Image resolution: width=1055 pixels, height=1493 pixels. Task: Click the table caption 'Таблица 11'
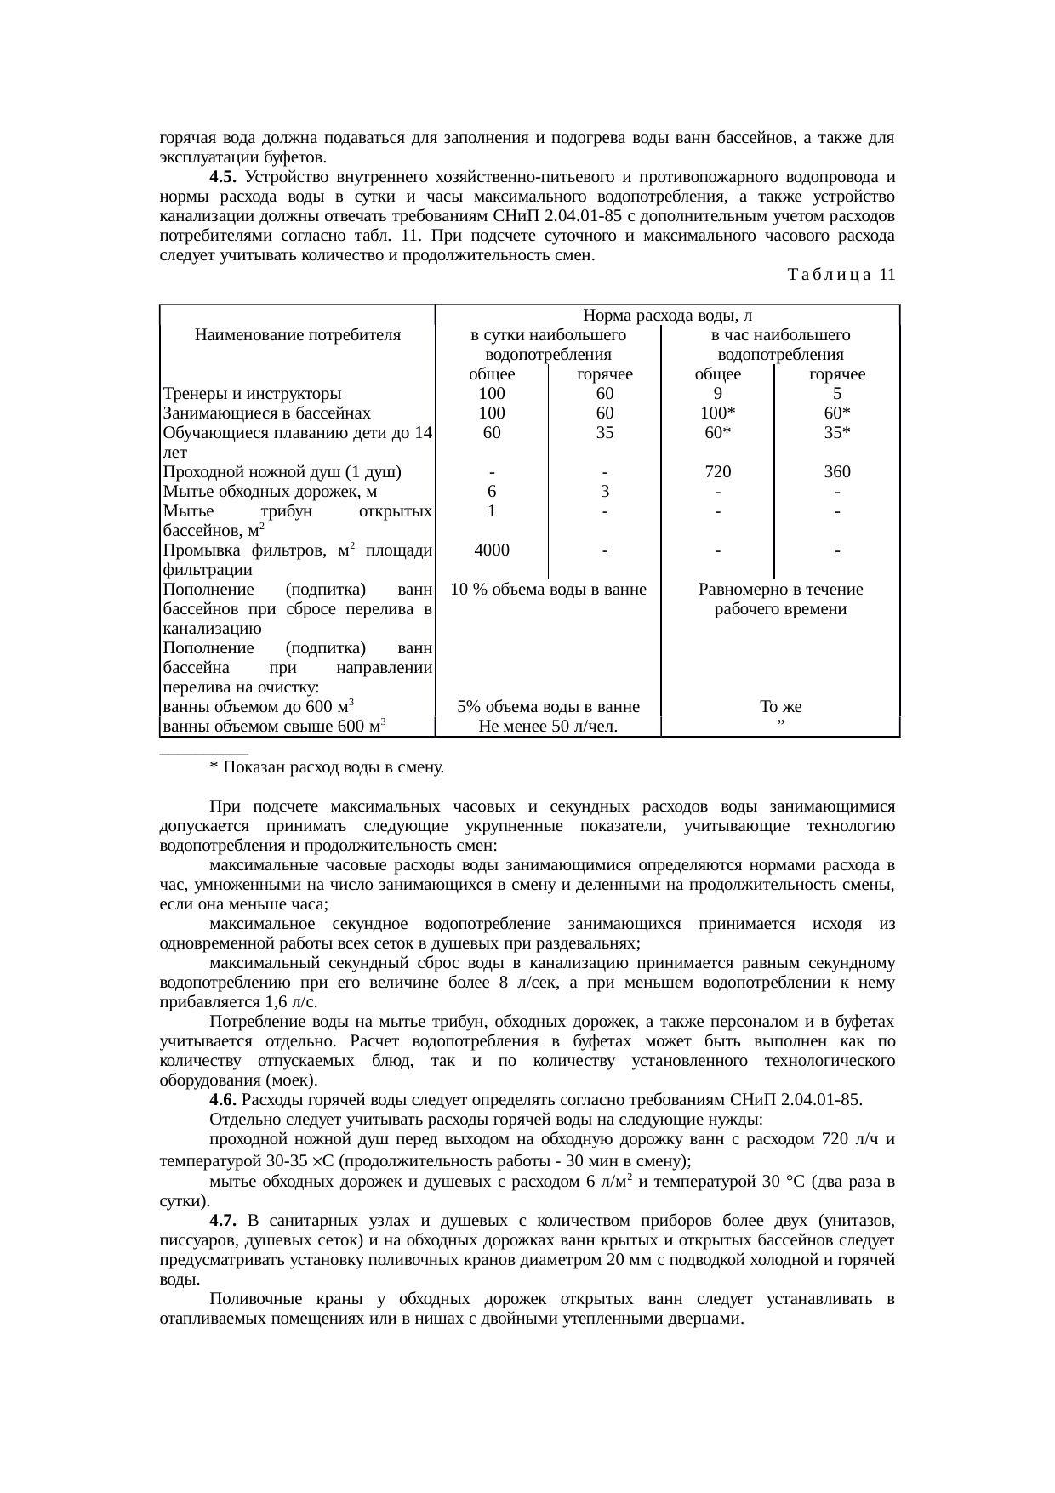point(841,275)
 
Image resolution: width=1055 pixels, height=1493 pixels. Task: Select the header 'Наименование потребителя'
point(298,336)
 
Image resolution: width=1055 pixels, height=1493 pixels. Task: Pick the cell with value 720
point(718,472)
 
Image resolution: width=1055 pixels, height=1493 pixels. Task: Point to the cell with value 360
point(837,472)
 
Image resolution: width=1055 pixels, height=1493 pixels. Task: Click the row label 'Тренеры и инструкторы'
point(253,394)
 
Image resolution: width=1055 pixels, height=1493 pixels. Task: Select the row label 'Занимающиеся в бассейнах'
point(267,413)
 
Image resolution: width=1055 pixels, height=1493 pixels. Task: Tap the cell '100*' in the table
point(718,413)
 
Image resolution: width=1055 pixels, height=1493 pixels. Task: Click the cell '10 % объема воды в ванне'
point(548,590)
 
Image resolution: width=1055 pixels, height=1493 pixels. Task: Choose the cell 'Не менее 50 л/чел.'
point(548,727)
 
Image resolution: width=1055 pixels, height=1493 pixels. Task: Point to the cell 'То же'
point(780,707)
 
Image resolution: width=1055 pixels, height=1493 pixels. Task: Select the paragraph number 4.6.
point(222,1100)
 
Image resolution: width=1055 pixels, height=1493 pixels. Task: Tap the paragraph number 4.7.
point(222,1222)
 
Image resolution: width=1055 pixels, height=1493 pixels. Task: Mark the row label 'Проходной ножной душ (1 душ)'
point(282,472)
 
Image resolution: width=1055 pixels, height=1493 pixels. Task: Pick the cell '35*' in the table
point(837,433)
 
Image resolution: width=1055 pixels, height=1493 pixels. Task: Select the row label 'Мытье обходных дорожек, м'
point(271,492)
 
